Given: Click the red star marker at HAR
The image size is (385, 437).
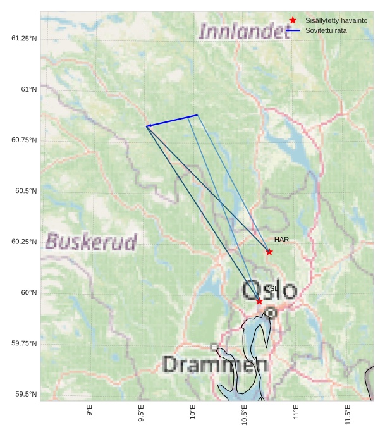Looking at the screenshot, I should click(269, 252).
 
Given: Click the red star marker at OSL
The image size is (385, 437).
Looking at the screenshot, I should click(259, 301).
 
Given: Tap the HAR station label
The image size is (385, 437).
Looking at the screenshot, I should click(281, 240).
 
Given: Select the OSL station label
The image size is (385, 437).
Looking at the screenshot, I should click(271, 288).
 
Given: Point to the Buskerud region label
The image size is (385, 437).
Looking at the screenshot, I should click(91, 242).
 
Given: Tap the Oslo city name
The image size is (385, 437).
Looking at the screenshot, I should click(270, 290).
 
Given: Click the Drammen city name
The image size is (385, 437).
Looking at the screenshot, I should click(215, 364).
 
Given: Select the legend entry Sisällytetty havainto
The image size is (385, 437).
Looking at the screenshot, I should click(336, 20).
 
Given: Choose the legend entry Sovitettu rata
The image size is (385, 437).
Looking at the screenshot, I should click(326, 30).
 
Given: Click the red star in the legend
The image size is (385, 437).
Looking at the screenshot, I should click(293, 20).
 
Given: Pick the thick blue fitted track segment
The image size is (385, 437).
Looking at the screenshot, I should click(172, 121).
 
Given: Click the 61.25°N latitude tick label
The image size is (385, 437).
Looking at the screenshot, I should click(24, 39).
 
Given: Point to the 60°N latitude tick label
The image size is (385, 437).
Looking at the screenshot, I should click(29, 293).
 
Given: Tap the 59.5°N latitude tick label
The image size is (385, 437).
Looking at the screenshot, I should click(24, 395).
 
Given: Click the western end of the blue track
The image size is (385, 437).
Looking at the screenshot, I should click(147, 126).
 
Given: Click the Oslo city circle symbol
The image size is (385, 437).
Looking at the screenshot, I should click(271, 312).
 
